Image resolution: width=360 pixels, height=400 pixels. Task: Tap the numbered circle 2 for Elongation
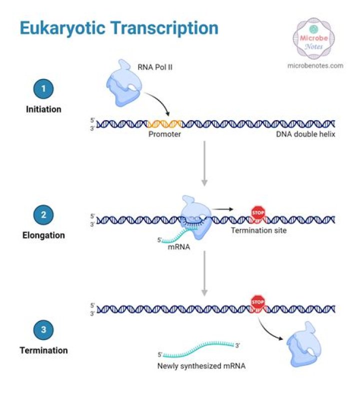(43, 215)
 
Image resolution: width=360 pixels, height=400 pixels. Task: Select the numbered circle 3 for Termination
(43, 330)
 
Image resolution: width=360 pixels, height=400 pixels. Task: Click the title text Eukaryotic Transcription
(119, 28)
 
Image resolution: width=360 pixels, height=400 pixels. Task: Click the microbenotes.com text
(315, 65)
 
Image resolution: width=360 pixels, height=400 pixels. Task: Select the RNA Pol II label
(155, 66)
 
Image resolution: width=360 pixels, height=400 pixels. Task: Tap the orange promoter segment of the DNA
(165, 124)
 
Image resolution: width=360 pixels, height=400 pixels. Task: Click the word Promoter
(164, 135)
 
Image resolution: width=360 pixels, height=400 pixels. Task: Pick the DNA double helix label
(304, 135)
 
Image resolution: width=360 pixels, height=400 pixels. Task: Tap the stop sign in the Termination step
(257, 302)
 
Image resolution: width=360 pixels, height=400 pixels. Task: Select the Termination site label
(258, 231)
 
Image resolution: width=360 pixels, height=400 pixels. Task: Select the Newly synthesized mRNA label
(201, 366)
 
